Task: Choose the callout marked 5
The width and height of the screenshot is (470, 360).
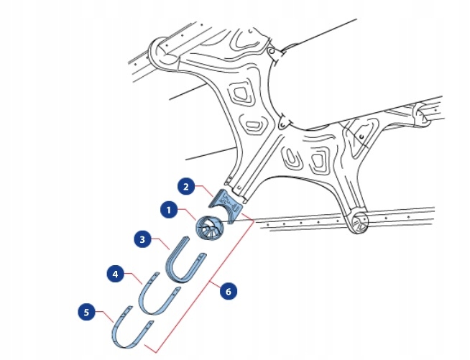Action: coord(86,312)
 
